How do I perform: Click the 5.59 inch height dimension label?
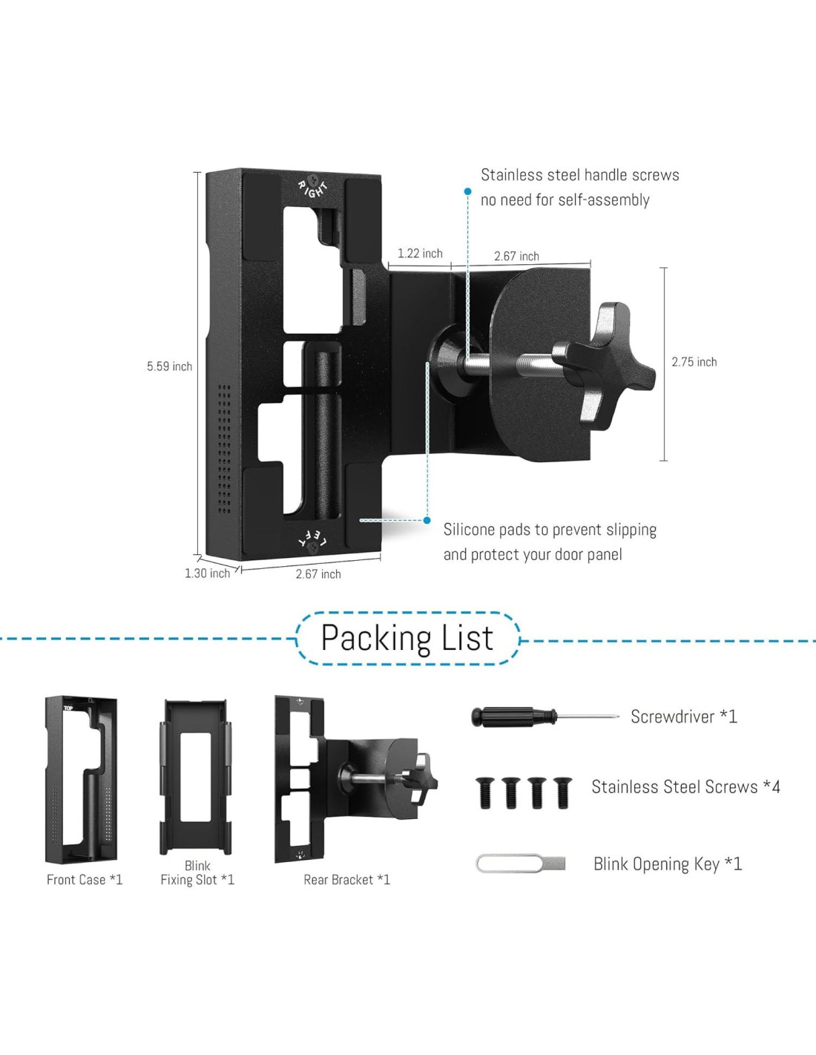(169, 367)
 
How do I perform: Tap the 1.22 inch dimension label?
(420, 254)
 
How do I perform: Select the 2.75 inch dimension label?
(694, 362)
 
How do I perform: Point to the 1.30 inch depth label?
(207, 573)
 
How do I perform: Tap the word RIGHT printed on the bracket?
(313, 188)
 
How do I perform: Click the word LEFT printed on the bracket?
(312, 539)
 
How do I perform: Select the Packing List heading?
(407, 638)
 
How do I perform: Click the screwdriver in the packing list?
(544, 717)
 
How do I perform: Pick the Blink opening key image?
(520, 864)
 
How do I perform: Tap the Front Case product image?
(81, 779)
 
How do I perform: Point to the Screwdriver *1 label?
(683, 717)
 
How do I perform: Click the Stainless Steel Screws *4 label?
(685, 787)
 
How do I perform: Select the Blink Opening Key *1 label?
(667, 864)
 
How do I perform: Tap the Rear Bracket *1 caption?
(346, 880)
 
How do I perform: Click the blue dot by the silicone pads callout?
(427, 521)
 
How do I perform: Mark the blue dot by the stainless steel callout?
(468, 191)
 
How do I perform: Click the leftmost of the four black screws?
(485, 792)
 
